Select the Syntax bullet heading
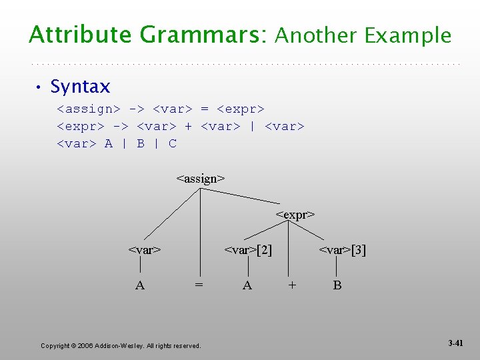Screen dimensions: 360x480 point(80,87)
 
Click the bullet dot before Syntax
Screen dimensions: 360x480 point(39,87)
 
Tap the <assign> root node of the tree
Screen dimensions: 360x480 point(201,179)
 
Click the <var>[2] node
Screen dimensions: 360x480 point(248,251)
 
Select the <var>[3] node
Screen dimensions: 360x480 point(342,251)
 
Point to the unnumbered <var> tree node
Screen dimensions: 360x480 point(145,251)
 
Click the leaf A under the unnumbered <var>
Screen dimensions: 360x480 point(140,285)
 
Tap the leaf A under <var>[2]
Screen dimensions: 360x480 point(247,285)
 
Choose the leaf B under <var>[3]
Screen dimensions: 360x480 point(337,285)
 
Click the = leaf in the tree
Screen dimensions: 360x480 point(199,285)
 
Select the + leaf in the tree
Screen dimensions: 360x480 point(291,285)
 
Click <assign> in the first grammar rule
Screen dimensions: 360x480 point(89,108)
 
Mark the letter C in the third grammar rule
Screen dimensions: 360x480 point(173,143)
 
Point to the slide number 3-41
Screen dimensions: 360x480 point(455,343)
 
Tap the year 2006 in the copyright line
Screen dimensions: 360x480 point(85,345)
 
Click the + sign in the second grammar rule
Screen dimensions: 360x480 point(189,126)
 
